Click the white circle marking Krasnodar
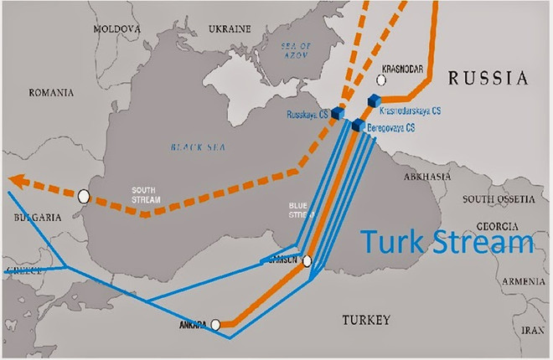(383, 80)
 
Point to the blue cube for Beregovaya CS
(359, 126)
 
